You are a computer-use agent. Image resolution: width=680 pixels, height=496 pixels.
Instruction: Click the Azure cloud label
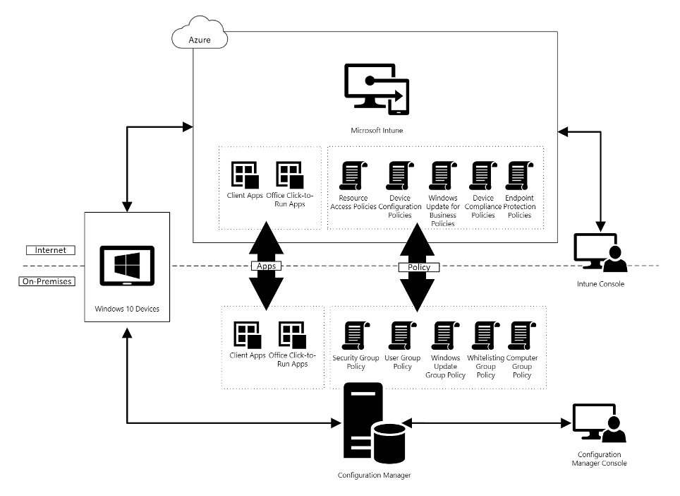[200, 40]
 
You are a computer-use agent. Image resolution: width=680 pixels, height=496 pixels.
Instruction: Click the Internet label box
[50, 250]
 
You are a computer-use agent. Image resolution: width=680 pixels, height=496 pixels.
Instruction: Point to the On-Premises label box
[47, 281]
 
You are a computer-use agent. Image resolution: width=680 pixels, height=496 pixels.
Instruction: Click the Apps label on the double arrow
[265, 266]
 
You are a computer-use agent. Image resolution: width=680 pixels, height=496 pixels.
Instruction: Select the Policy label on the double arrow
[419, 267]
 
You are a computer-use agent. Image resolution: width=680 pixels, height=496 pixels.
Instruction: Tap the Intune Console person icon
[600, 253]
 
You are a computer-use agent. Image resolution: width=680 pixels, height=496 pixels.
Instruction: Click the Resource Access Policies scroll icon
[352, 177]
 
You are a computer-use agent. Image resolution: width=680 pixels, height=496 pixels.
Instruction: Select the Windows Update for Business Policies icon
[442, 177]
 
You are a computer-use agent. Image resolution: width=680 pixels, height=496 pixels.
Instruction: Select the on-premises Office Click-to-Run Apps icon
[290, 335]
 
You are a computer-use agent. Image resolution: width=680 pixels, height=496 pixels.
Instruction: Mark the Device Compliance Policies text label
[483, 206]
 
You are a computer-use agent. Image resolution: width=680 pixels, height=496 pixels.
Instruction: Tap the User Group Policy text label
[402, 362]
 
